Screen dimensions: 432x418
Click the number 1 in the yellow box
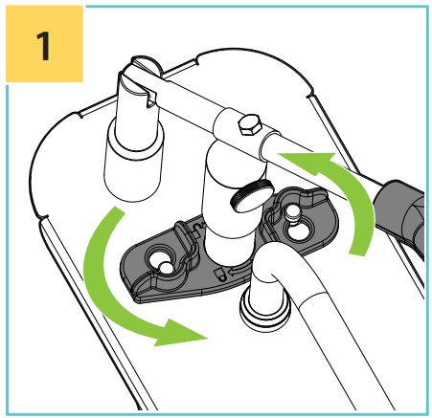coord(43,46)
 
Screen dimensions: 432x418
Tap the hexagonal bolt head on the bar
coord(250,124)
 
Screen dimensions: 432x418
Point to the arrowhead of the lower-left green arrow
coord(179,333)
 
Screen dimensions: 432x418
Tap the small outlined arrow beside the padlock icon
coord(236,272)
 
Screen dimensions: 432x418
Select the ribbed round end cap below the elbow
coord(265,309)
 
